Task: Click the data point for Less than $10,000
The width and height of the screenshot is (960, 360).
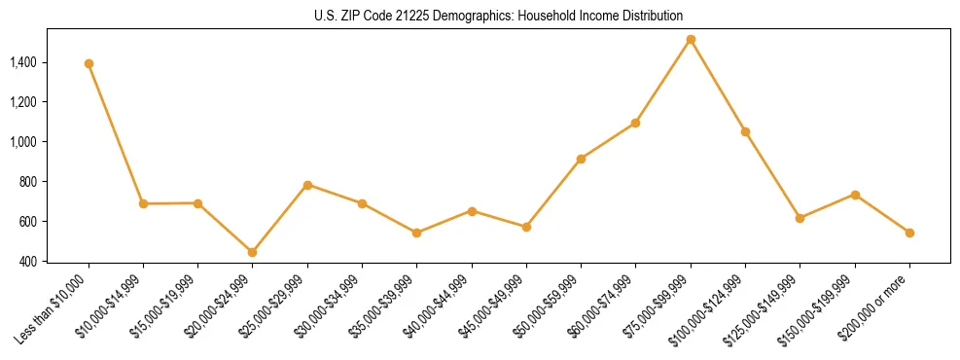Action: (x=89, y=63)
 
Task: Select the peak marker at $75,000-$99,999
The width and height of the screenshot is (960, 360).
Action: (x=691, y=40)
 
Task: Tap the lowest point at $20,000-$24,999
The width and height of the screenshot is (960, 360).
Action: (x=253, y=252)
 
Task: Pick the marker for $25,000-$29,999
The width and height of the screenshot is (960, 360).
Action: (x=307, y=185)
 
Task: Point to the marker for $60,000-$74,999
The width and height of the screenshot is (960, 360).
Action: (x=635, y=123)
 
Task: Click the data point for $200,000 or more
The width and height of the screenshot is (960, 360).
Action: (x=909, y=233)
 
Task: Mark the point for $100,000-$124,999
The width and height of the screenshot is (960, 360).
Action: (x=745, y=131)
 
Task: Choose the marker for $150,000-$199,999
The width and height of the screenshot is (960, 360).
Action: (x=855, y=195)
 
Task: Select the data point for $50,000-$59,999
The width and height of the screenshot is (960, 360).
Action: (x=581, y=159)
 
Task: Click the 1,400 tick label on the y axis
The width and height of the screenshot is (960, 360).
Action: (x=23, y=62)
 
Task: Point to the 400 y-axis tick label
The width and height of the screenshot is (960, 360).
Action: (x=28, y=262)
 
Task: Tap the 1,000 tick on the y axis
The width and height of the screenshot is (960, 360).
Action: (x=23, y=142)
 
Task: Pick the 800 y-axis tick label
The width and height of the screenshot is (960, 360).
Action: (x=28, y=182)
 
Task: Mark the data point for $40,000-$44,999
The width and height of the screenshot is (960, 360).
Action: (x=472, y=211)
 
